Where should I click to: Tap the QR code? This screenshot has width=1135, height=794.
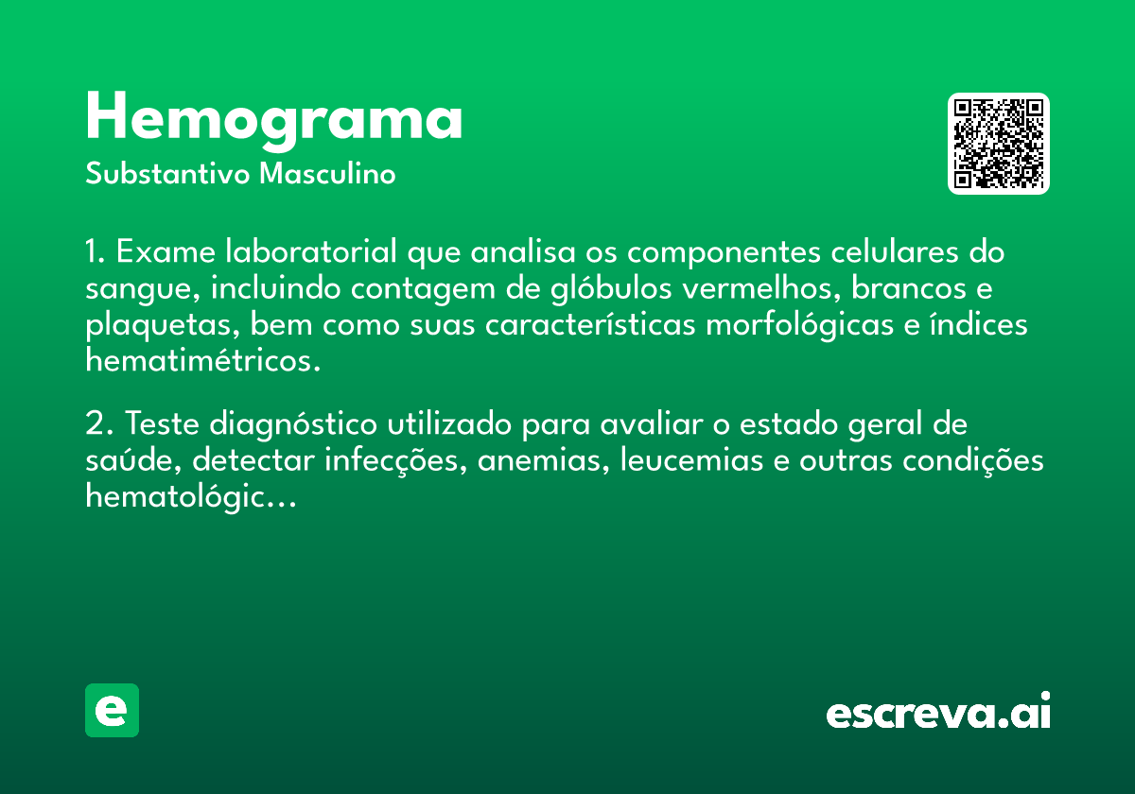[x=998, y=144]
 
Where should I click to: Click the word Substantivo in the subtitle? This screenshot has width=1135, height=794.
[x=167, y=174]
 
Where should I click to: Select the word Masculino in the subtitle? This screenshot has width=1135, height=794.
[x=327, y=174]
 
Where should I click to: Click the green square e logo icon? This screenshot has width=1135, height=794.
[x=112, y=710]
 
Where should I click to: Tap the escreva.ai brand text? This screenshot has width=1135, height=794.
[x=938, y=711]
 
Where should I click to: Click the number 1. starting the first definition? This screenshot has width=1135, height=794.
[x=96, y=251]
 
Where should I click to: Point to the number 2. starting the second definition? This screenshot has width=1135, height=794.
[x=98, y=423]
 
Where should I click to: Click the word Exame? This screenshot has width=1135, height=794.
[x=166, y=251]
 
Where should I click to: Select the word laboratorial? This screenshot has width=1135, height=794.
[x=311, y=251]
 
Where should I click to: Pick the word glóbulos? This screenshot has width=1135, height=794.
[x=611, y=288]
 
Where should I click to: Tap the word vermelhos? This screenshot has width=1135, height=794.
[x=761, y=288]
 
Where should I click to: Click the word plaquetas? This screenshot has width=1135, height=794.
[x=162, y=325]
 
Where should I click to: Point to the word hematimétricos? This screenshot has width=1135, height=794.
[x=203, y=360]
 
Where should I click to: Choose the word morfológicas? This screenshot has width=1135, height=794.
[x=799, y=325]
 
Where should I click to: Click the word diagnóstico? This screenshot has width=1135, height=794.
[x=293, y=424]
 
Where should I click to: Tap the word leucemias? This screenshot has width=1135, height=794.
[x=691, y=460]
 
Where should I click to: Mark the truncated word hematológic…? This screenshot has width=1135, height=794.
[x=190, y=496]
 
